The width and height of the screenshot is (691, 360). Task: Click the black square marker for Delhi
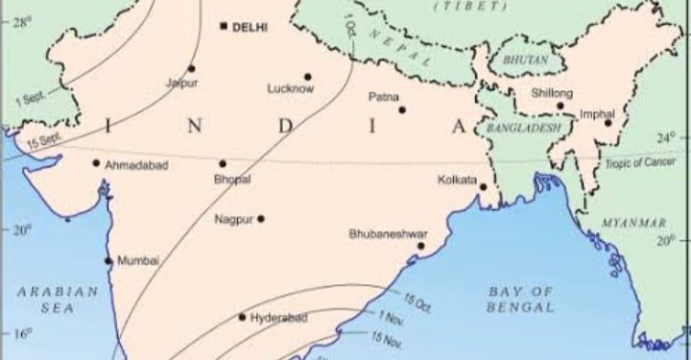click(224, 26)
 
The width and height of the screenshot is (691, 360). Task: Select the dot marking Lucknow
click(308, 77)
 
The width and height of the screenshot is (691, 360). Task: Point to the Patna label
click(384, 97)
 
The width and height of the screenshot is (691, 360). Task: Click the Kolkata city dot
click(484, 187)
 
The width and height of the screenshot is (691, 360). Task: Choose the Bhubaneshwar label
click(388, 233)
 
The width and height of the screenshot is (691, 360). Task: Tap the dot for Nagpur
click(260, 218)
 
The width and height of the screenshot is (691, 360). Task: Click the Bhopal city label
click(232, 180)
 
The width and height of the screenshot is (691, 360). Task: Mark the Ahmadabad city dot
click(96, 162)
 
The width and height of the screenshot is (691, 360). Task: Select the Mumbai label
click(137, 261)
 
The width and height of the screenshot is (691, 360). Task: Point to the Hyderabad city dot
click(242, 316)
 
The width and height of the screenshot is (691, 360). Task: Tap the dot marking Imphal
click(608, 122)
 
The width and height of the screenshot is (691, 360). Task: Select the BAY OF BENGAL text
click(521, 299)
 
